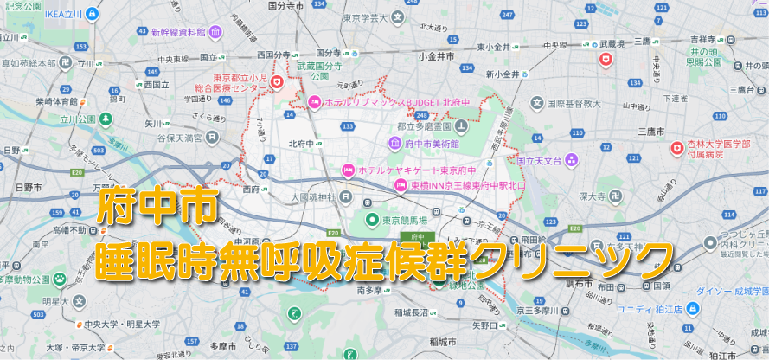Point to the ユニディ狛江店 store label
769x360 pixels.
[x=648, y=309]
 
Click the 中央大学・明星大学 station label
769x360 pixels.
[x=122, y=324]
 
